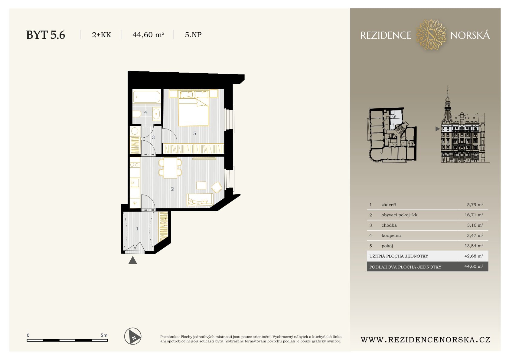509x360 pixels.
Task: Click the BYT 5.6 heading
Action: tap(46, 35)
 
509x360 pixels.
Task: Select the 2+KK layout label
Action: tap(101, 35)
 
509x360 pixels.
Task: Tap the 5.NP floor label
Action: tap(193, 35)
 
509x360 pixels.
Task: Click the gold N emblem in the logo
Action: tap(431, 34)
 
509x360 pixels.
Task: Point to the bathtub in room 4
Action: tap(147, 97)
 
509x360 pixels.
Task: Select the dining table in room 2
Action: tap(171, 168)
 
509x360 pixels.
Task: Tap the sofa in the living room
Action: tap(200, 200)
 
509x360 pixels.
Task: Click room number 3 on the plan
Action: tap(153, 138)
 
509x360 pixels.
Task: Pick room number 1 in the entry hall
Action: tap(137, 229)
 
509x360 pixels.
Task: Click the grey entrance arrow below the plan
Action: tap(133, 260)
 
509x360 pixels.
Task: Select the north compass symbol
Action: tap(133, 336)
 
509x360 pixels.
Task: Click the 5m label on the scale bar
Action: tap(104, 335)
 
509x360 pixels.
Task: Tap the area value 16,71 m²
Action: tap(474, 215)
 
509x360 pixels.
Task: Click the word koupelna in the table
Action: tap(391, 235)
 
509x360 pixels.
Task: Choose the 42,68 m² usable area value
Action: tap(474, 256)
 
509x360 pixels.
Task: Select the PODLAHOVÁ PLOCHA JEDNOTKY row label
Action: tap(405, 267)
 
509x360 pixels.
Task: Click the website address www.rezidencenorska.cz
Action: tap(426, 340)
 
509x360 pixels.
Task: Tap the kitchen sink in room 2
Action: tap(135, 183)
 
